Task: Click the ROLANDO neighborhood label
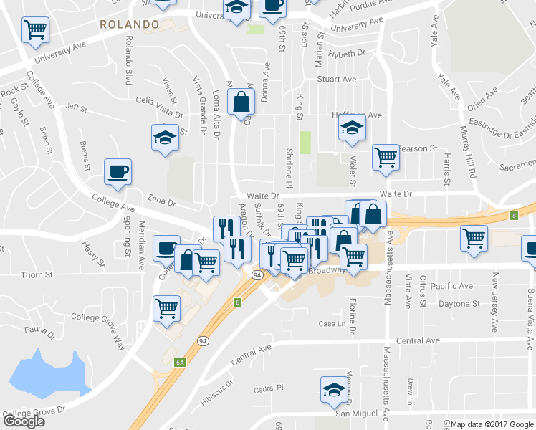pyautogui.click(x=129, y=24)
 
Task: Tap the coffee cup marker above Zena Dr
pyautogui.click(x=118, y=172)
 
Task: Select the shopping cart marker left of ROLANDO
pyautogui.click(x=35, y=30)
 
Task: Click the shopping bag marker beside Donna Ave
pyautogui.click(x=241, y=102)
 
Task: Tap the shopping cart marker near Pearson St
pyautogui.click(x=386, y=157)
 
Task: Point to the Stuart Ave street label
pyautogui.click(x=337, y=80)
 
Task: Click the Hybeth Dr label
pyautogui.click(x=346, y=54)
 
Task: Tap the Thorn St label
pyautogui.click(x=37, y=274)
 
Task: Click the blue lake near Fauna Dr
pyautogui.click(x=47, y=373)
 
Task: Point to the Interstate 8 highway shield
pyautogui.click(x=514, y=215)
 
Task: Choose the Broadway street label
pyautogui.click(x=327, y=272)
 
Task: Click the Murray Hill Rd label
pyautogui.click(x=472, y=160)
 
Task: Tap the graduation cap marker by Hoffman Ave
pyautogui.click(x=352, y=128)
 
